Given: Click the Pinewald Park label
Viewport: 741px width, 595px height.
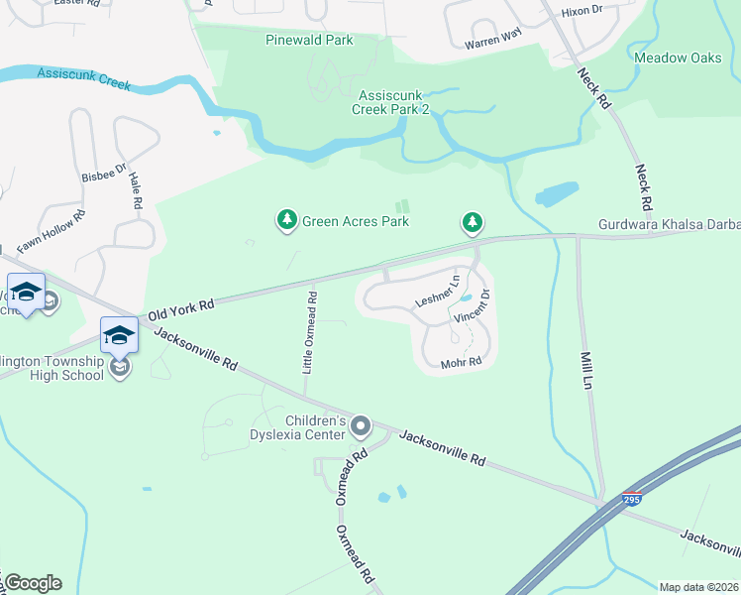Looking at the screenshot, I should click(x=309, y=41).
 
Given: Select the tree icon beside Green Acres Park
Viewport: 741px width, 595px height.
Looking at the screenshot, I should click(x=287, y=219).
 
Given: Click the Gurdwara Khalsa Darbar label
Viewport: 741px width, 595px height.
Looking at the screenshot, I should click(x=669, y=226).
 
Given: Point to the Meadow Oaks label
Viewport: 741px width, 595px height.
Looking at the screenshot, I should click(x=678, y=58).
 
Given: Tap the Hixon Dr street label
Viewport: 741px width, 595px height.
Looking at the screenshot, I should click(x=582, y=11).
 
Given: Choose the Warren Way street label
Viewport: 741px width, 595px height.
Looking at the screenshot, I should click(x=492, y=44).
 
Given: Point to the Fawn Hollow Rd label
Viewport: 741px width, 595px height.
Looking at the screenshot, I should click(x=51, y=228).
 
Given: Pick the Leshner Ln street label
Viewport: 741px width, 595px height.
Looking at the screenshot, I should click(x=437, y=291).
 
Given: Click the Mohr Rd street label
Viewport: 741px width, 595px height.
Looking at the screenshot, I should click(x=461, y=362).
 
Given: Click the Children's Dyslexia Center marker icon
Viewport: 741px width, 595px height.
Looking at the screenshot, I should click(x=361, y=427).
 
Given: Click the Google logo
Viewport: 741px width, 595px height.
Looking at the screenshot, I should click(x=33, y=583).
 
